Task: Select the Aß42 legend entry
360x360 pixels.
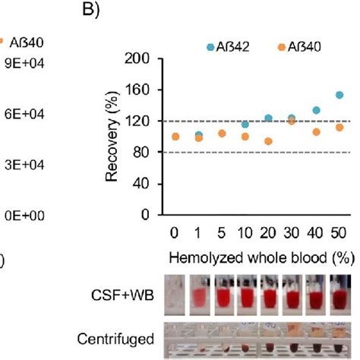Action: tap(231, 47)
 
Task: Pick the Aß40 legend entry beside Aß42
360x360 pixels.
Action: tap(300, 47)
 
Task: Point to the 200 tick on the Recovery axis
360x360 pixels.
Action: tap(137, 58)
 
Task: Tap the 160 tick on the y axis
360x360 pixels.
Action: tap(137, 90)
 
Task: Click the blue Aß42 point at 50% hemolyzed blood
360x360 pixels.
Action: tap(339, 95)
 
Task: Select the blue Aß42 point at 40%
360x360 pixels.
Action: tap(316, 110)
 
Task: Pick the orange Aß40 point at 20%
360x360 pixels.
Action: tap(268, 141)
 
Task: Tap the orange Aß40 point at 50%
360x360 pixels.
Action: tap(339, 128)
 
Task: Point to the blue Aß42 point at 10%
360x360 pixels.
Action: tap(245, 125)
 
